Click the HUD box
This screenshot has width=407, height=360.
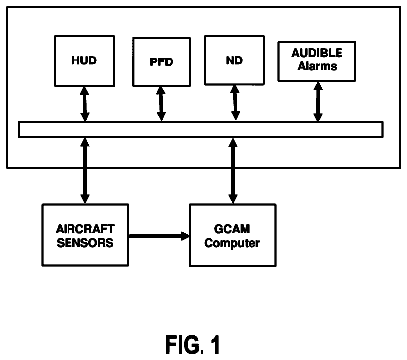coord(84,60)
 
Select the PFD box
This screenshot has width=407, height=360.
coord(161,61)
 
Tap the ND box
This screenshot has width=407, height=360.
coord(234,60)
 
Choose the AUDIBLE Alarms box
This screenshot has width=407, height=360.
coord(317,61)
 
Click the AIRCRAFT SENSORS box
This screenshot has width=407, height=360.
coord(85,235)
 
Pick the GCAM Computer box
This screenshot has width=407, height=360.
coord(232,235)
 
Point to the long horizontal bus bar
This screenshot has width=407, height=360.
coord(201,129)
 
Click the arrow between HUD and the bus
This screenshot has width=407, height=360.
coord(85,104)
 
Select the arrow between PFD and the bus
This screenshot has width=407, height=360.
coord(161,104)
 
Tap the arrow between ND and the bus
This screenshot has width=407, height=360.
coord(235,103)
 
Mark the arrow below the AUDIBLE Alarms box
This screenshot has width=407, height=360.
coord(318,102)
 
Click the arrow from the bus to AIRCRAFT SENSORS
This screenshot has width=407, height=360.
coord(85,171)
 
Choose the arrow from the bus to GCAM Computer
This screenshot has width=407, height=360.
coord(233,171)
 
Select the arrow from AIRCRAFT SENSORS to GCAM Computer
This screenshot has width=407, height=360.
coord(159,236)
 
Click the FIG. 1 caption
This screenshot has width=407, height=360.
coord(193,345)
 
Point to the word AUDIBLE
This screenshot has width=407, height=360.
coord(317,53)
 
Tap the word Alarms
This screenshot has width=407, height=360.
coord(317,66)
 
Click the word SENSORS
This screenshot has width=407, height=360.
coord(84,243)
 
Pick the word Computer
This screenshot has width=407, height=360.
coord(232,243)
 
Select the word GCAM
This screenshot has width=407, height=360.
coord(232,229)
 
